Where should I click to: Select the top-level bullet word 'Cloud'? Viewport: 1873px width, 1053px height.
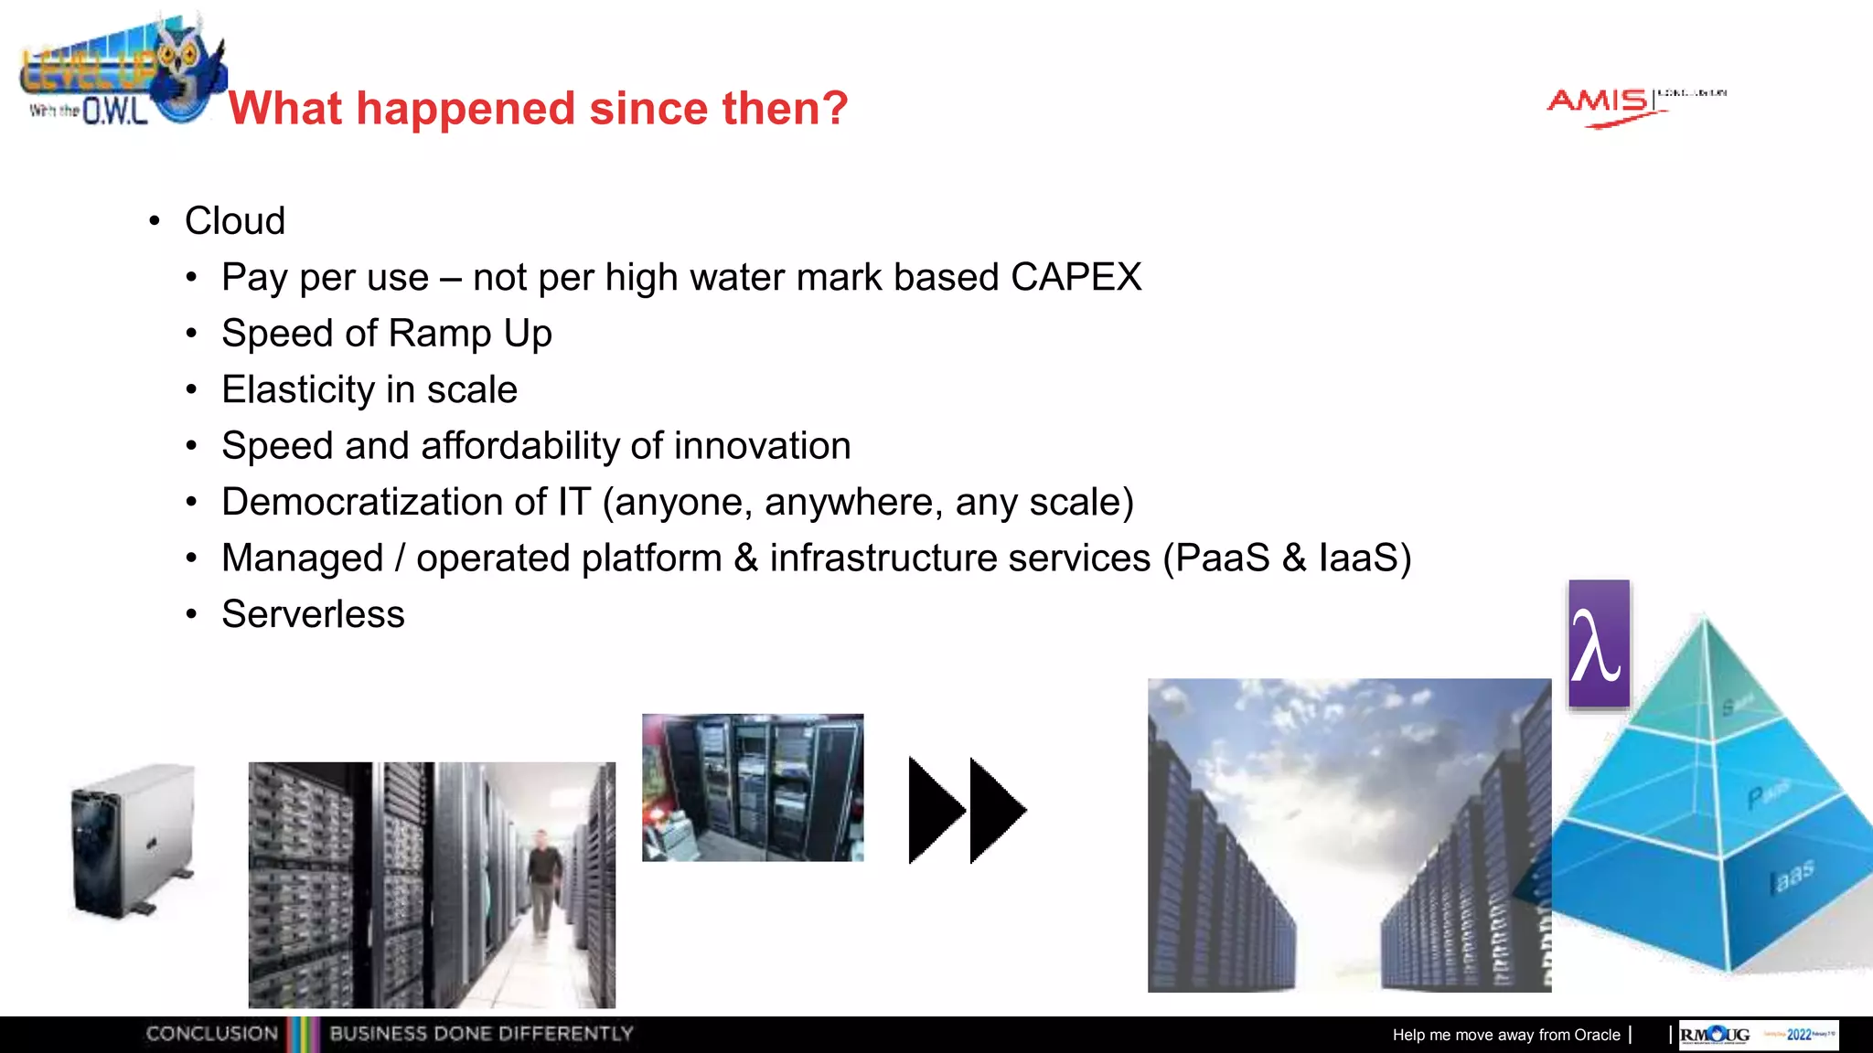coord(235,221)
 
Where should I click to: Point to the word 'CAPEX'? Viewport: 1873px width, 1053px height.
coord(1076,277)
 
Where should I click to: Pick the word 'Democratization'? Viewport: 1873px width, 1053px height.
coord(384,502)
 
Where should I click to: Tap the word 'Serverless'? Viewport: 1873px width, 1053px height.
coord(313,614)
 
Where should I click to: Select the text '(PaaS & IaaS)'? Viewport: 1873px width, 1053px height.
coord(1288,558)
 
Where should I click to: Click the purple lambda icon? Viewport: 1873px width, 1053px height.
coord(1599,643)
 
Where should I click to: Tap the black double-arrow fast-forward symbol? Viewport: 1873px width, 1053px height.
coord(967,810)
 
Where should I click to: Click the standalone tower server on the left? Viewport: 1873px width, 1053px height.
coord(134,840)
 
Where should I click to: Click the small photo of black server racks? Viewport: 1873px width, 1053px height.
coord(753,787)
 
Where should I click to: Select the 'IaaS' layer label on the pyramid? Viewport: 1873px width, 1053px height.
coord(1792,877)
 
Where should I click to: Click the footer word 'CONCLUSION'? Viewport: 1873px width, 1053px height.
coord(212,1034)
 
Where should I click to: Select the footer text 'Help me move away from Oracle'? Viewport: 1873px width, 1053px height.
coord(1506,1035)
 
